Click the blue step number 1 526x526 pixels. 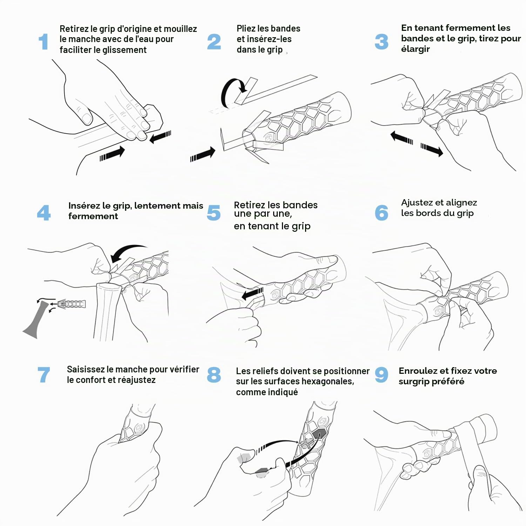pyautogui.click(x=43, y=42)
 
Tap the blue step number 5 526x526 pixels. pyautogui.click(x=214, y=213)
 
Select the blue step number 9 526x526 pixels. pyautogui.click(x=382, y=375)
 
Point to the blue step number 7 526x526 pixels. pyautogui.click(x=44, y=375)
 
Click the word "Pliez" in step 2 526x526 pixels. pyautogui.click(x=246, y=28)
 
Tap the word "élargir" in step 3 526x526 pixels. pyautogui.click(x=415, y=49)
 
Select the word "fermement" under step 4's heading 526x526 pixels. pyautogui.click(x=93, y=216)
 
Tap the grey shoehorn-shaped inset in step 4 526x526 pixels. pyautogui.click(x=35, y=319)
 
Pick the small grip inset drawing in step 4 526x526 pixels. pyautogui.click(x=72, y=304)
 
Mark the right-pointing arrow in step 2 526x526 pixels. pyautogui.click(x=203, y=155)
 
